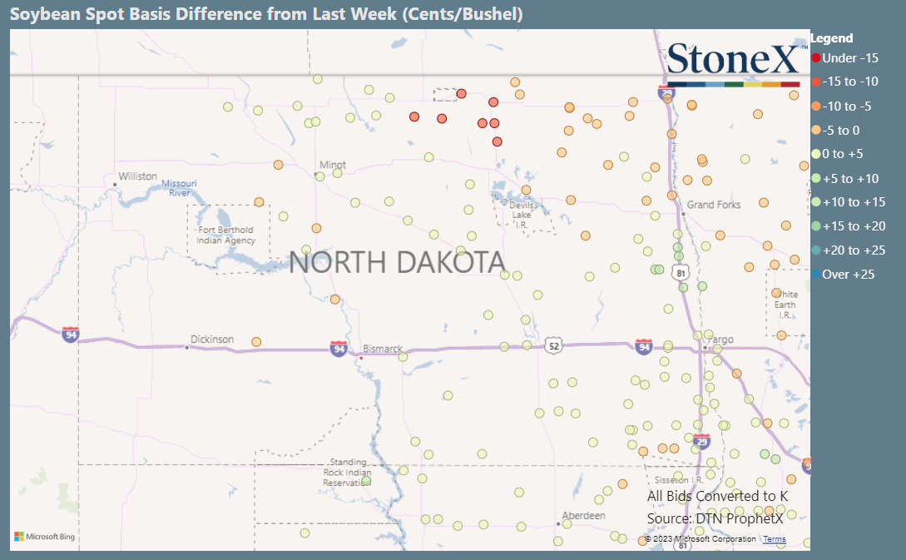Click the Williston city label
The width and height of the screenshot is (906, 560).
pyautogui.click(x=137, y=176)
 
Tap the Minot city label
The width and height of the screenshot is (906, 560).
pyautogui.click(x=333, y=165)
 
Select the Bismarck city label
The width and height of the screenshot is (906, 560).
pyautogui.click(x=383, y=349)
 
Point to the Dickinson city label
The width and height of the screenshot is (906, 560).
pyautogui.click(x=212, y=339)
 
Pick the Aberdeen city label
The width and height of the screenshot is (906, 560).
pyautogui.click(x=583, y=516)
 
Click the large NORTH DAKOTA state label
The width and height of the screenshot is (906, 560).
pyautogui.click(x=397, y=262)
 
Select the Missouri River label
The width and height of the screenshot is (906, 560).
pyautogui.click(x=180, y=188)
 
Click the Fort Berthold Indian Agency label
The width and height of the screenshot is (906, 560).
pyautogui.click(x=226, y=235)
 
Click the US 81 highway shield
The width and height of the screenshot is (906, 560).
pyautogui.click(x=681, y=273)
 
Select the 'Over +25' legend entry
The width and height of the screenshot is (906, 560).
pyautogui.click(x=847, y=275)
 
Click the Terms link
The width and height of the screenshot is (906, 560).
pyautogui.click(x=774, y=539)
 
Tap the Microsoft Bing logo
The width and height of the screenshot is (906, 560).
pyautogui.click(x=45, y=537)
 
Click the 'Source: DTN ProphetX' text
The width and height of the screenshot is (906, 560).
pyautogui.click(x=715, y=518)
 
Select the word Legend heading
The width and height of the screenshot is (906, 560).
pyautogui.click(x=831, y=38)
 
